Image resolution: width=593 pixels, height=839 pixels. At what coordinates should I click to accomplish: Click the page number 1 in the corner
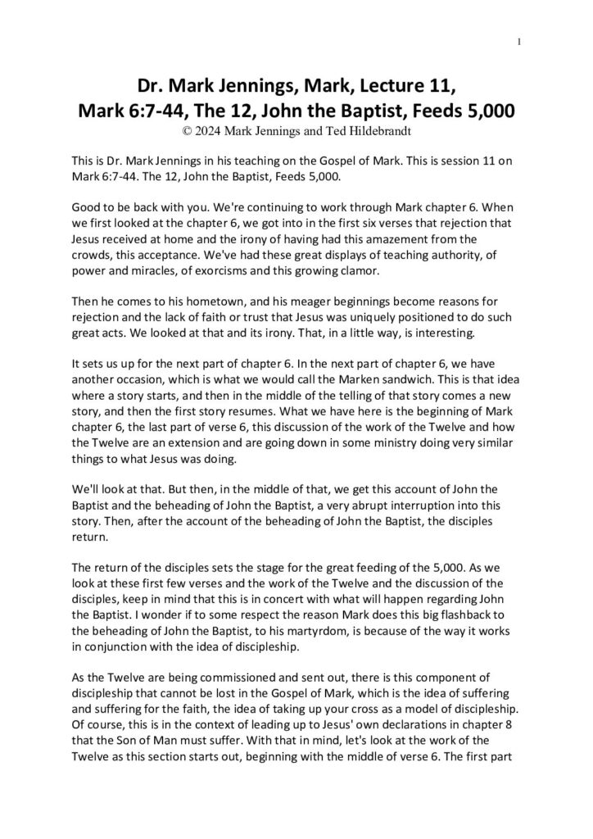(521, 43)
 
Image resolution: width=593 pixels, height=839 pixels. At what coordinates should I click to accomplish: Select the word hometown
(183, 302)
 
